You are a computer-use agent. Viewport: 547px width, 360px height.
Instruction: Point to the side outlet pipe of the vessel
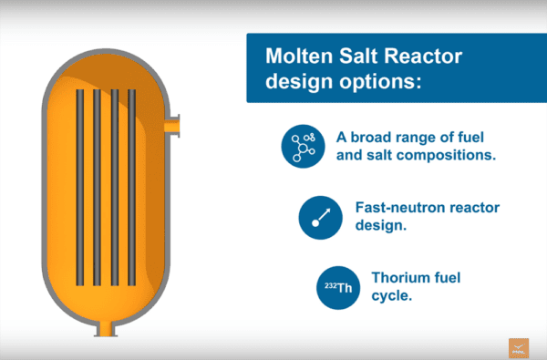pyautogui.click(x=173, y=123)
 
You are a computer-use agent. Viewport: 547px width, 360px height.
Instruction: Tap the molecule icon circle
pyautogui.click(x=303, y=147)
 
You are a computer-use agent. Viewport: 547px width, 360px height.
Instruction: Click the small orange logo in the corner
pyautogui.click(x=520, y=347)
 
